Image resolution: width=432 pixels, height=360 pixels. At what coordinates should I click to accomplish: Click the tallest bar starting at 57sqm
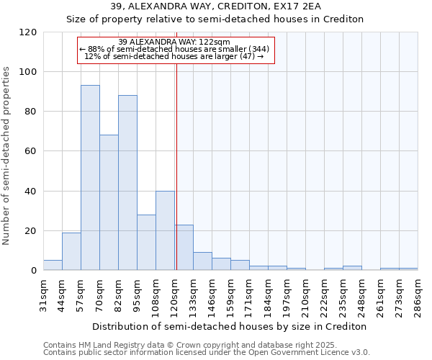coord(90,177)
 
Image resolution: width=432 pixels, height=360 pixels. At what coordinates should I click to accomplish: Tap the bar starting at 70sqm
coord(109,202)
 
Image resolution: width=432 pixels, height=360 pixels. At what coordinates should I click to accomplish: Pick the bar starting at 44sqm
coord(71,251)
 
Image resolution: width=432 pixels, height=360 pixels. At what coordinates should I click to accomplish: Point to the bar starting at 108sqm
coord(165,230)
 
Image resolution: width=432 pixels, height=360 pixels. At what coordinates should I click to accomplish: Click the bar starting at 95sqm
coord(146,242)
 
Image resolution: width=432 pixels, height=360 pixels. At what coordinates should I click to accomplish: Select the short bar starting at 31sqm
coord(53,265)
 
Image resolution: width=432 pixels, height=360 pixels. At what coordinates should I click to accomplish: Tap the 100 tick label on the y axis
coord(28,72)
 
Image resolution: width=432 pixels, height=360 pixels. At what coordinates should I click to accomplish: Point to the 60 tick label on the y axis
coord(31,151)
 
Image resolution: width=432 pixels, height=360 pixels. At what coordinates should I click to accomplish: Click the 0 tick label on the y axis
coord(34,271)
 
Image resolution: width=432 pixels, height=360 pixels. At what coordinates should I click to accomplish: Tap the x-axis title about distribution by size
coord(229,326)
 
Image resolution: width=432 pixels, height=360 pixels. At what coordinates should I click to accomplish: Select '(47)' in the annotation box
coord(247,56)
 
